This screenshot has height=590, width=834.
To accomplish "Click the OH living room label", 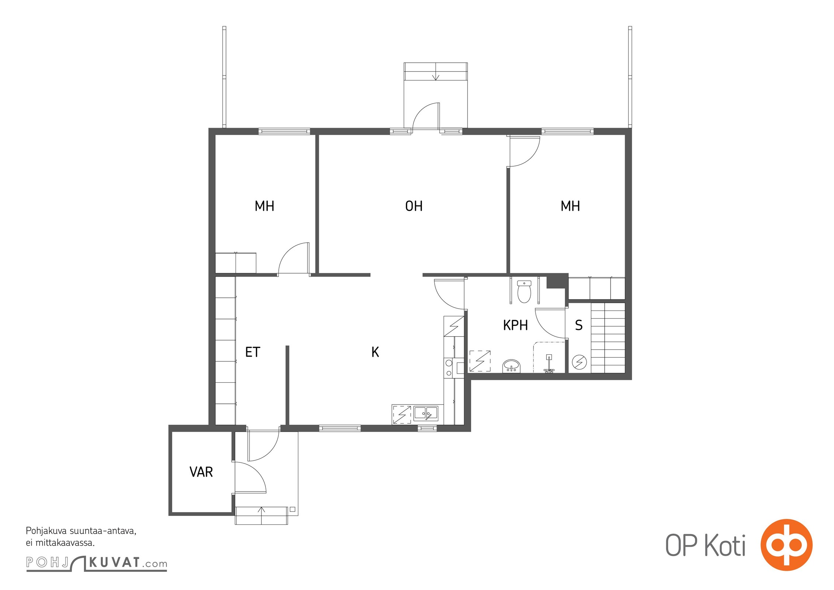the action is (x=414, y=206).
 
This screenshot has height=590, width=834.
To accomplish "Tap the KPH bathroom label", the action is (x=515, y=325).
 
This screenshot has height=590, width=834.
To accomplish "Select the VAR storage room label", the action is (x=201, y=472).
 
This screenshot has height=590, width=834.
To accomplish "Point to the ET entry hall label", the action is (x=253, y=352).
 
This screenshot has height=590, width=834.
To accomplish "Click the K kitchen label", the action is (x=375, y=352).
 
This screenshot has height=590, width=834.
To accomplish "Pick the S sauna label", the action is (x=579, y=325).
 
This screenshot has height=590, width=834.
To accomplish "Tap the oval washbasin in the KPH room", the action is (x=511, y=366).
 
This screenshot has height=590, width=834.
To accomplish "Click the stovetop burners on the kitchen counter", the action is (x=449, y=368).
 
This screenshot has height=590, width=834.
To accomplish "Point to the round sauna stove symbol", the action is (x=579, y=362).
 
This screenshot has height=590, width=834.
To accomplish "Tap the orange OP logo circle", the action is (x=786, y=545).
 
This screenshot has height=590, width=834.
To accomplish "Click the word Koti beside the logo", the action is (x=725, y=545).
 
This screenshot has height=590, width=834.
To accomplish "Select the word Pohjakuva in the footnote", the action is (x=46, y=531).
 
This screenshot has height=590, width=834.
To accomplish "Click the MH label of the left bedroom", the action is (x=264, y=206).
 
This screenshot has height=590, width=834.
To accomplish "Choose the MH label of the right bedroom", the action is (x=570, y=206).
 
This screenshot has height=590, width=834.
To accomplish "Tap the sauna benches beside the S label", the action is (x=608, y=338).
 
